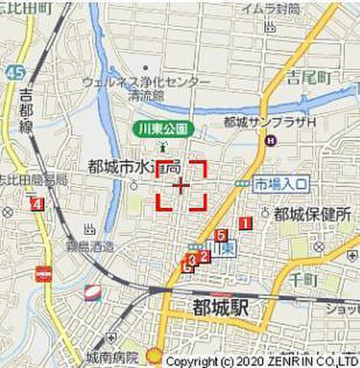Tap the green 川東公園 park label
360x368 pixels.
coord(163,128)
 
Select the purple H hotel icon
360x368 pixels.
coord(270,140)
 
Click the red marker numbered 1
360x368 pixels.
coord(246,223)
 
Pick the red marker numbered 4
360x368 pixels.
coord(36,204)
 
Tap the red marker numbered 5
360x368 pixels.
coord(221,235)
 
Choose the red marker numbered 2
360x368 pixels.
coord(204,256)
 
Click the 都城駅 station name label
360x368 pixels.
coord(218,309)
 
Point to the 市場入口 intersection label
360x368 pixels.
coord(281,185)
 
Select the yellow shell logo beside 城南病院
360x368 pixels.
coord(155,355)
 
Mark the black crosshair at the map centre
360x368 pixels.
coord(182,186)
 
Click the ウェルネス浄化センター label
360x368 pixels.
coord(146,82)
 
